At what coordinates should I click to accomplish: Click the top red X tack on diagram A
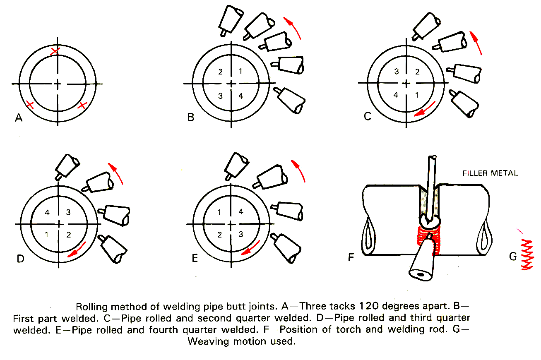pos(55,51)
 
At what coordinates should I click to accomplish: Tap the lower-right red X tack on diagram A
pos(82,105)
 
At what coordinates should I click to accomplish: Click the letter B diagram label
pos(191,118)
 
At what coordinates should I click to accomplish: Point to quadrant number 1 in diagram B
pos(241,71)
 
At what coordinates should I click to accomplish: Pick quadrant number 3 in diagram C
pos(396,71)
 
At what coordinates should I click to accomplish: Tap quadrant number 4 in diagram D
pos(47,213)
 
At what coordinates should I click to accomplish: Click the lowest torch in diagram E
pos(286,247)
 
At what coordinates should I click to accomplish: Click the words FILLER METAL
pos(490,173)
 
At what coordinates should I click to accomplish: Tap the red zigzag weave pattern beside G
pos(527,254)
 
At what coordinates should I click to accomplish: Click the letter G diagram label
pos(513,257)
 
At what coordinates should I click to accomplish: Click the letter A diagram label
pos(18,118)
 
